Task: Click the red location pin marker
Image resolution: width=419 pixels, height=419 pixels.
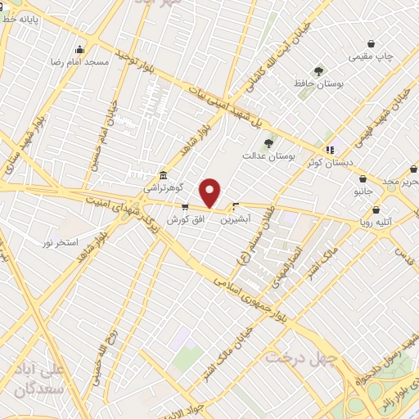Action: [x=210, y=193]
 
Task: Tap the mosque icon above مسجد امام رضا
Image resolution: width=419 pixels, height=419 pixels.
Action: [x=79, y=49]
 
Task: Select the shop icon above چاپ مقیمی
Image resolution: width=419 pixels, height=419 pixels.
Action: [x=372, y=44]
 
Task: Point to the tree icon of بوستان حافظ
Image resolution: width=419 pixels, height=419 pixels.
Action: [x=318, y=72]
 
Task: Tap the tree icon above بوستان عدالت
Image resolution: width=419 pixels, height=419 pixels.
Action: [x=268, y=143]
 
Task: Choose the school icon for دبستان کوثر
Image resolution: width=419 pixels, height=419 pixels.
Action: [x=330, y=150]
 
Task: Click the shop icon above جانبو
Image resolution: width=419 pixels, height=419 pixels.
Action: [x=363, y=179]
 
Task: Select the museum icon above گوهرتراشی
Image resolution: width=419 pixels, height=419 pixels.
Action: [x=164, y=175]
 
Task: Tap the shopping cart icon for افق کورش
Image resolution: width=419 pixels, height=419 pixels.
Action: [x=185, y=207]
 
